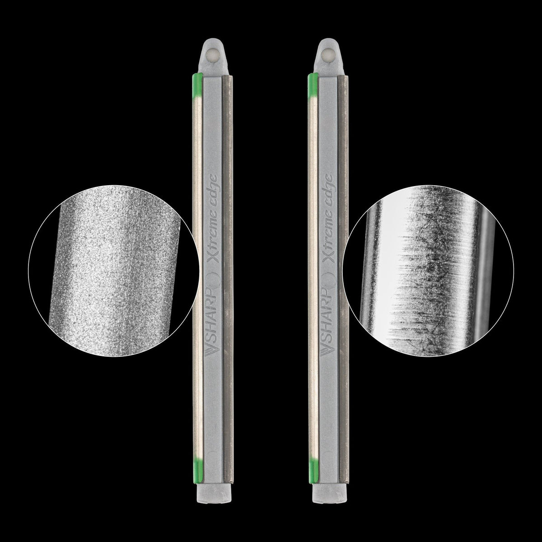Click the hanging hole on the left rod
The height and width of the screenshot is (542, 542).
(x=212, y=53)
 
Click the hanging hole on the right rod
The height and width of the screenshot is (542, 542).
(x=327, y=53)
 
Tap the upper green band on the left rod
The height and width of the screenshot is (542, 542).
(x=197, y=84)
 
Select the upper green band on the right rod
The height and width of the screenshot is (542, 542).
(x=313, y=84)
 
